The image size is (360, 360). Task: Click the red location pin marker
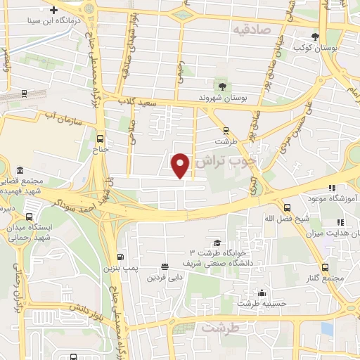[181, 165]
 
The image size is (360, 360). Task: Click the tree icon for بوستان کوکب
[315, 37]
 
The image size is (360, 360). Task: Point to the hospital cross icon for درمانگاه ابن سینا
[53, 10]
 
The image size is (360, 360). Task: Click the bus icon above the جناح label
[100, 139]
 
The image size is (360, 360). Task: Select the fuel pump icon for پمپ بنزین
[120, 257]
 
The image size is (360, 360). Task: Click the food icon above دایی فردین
[164, 266]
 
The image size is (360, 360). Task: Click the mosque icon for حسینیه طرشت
[262, 292]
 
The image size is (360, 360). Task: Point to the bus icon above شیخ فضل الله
[287, 207]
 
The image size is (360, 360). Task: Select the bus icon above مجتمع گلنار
[325, 267]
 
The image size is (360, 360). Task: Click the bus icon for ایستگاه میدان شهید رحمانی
[29, 216]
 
